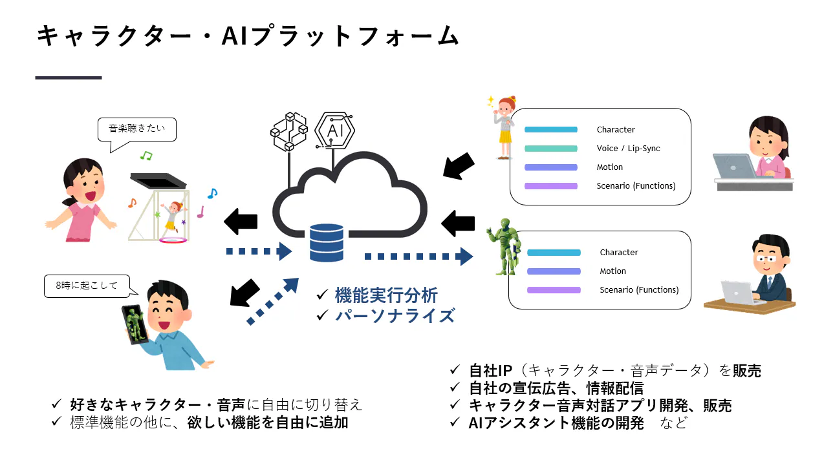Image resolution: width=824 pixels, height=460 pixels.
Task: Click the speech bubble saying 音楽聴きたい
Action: (136, 129)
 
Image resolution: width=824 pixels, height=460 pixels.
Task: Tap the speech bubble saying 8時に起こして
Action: (87, 286)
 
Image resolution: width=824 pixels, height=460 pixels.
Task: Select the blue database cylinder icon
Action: (326, 243)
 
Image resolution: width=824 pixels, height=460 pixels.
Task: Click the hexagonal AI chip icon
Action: (334, 131)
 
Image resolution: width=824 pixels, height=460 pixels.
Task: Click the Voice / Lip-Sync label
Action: (628, 149)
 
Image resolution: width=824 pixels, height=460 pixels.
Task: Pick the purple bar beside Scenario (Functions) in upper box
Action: (550, 186)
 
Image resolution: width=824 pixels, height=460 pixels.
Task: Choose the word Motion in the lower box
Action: (613, 271)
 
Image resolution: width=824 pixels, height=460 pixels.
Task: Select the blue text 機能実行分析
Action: (386, 296)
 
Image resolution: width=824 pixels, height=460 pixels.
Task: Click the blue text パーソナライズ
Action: (395, 316)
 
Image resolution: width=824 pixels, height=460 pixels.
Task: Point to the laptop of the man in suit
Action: (739, 293)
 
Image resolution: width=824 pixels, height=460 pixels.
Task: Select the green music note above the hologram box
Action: (147, 156)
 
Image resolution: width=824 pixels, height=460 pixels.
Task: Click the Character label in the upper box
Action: (616, 130)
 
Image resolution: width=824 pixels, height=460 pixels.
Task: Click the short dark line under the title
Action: (69, 78)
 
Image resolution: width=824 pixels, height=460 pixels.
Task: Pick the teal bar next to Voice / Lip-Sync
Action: (550, 149)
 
